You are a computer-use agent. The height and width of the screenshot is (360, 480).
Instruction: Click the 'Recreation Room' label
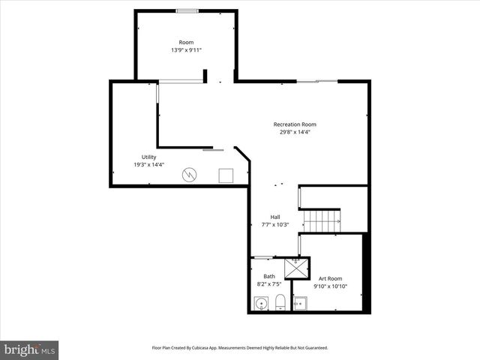click(294, 124)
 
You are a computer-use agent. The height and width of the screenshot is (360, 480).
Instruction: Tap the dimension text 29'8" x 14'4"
click(294, 132)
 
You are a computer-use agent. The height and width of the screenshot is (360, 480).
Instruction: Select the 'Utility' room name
click(148, 157)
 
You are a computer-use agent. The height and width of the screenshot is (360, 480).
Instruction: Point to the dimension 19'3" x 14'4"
click(148, 164)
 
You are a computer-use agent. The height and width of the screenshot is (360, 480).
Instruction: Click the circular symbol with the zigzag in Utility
click(190, 175)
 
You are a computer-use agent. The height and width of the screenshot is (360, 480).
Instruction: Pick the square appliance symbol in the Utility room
click(226, 175)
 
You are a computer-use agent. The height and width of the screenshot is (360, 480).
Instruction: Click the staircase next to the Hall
click(322, 221)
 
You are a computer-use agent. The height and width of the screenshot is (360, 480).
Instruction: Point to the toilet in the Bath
click(280, 303)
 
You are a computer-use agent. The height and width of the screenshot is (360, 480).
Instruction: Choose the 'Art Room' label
click(330, 278)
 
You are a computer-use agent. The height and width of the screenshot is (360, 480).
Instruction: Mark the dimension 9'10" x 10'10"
click(330, 286)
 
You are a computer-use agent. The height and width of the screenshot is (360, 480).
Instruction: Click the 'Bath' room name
click(268, 277)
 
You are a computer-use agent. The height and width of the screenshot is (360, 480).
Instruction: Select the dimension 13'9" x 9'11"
click(186, 50)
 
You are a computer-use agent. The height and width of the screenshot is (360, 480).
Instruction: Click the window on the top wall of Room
click(187, 10)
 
